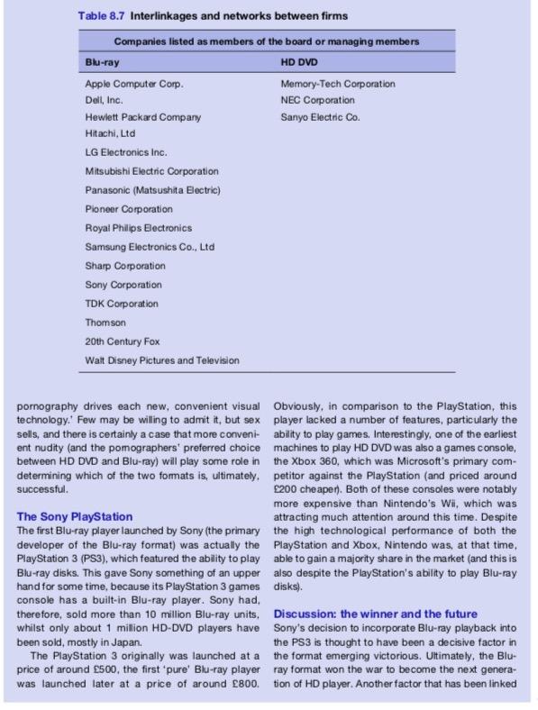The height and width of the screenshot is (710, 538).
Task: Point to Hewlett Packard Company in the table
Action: (142, 117)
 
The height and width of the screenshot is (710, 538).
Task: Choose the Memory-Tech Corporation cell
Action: (338, 84)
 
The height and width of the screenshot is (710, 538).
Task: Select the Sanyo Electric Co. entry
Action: (321, 117)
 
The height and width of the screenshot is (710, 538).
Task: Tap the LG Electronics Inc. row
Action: (125, 152)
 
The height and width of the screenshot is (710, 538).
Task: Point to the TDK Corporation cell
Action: (121, 304)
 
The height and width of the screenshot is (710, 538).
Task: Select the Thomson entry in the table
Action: (105, 322)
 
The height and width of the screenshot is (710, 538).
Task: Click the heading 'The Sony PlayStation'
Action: (75, 516)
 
